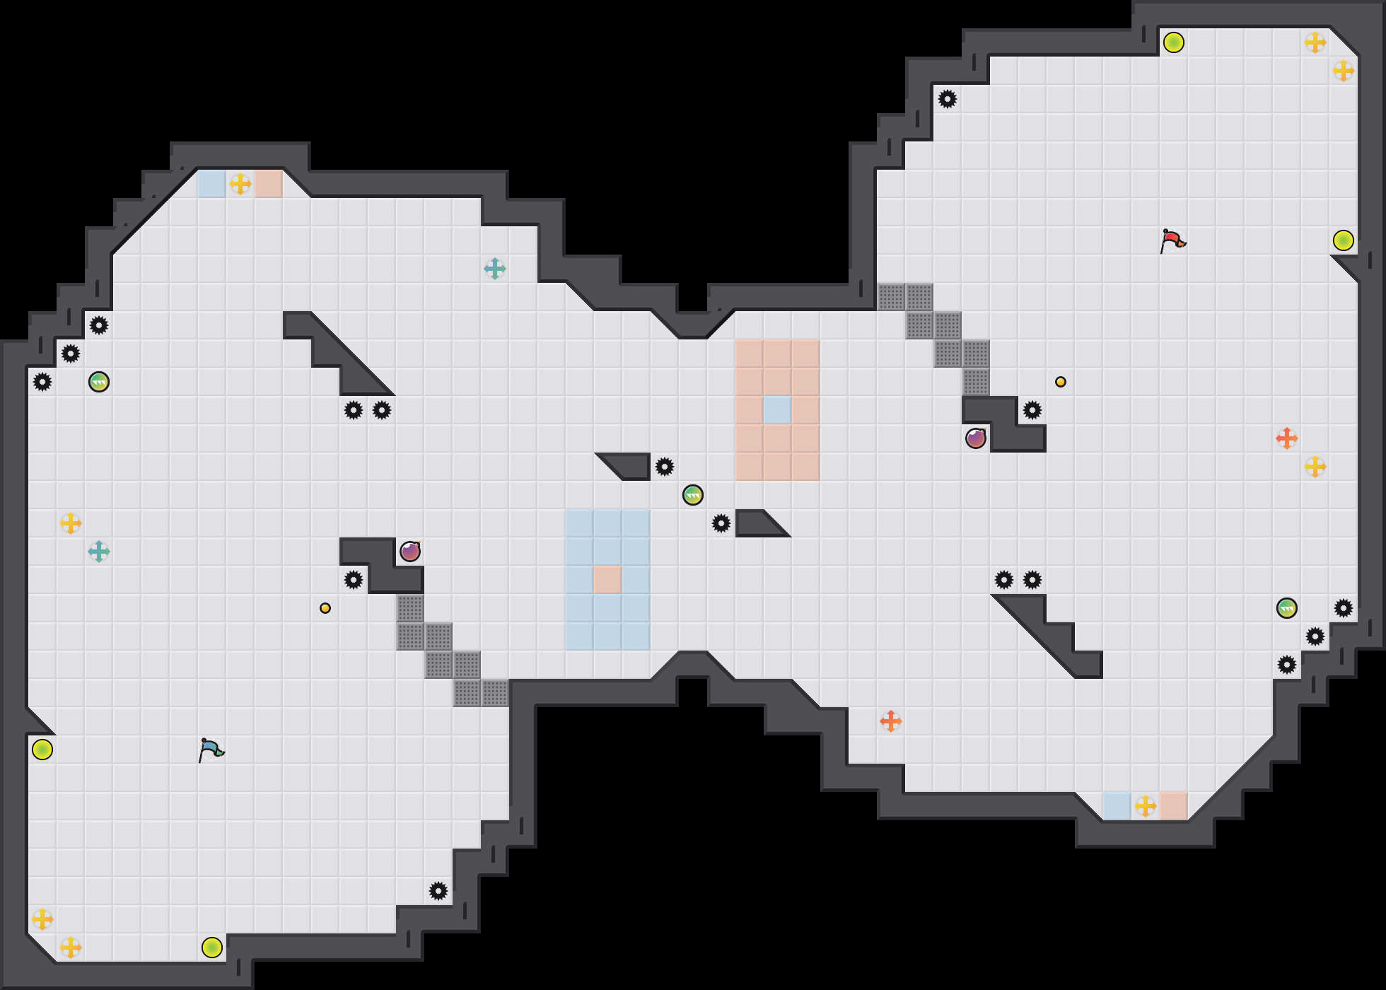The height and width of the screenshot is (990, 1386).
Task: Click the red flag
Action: [1172, 240]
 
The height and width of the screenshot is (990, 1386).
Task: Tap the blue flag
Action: [211, 750]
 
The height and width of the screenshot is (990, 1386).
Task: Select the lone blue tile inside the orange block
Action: [777, 410]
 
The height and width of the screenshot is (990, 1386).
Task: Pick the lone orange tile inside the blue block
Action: [607, 580]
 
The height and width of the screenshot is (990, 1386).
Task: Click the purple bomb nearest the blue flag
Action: [410, 552]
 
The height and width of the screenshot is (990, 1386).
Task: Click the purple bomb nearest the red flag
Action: [976, 438]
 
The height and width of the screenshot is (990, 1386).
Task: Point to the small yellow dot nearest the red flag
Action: [1061, 382]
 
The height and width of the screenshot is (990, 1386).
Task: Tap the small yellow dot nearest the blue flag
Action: [325, 608]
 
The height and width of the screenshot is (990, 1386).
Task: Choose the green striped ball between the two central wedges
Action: [693, 495]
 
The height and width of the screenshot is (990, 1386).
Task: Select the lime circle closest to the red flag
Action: [1344, 240]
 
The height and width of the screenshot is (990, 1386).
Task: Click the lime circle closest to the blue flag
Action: [42, 750]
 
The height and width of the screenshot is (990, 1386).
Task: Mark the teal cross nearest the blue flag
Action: [99, 552]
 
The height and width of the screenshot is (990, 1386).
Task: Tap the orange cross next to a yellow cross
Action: [1287, 438]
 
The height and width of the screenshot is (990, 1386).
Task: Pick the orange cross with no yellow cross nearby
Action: [891, 721]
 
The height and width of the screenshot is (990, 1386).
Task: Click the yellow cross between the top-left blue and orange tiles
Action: [240, 184]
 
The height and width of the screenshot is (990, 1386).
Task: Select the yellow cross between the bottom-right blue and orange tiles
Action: [1146, 806]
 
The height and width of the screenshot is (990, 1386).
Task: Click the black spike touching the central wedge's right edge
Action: [665, 467]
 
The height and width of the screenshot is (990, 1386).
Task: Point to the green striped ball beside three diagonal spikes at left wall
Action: [99, 382]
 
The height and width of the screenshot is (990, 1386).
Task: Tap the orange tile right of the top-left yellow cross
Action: [269, 184]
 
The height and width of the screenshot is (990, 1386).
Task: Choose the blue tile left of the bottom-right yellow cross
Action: [1117, 806]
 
